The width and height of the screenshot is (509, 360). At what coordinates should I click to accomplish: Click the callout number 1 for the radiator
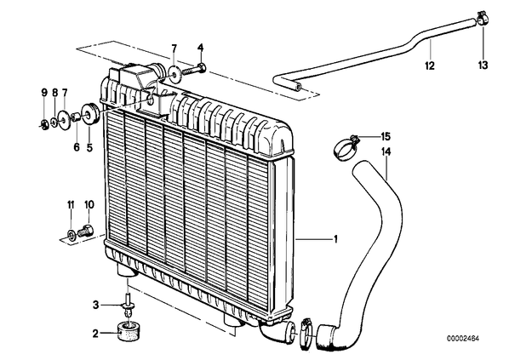[x=335, y=239]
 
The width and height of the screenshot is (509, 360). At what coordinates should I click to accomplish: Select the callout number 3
[x=95, y=305]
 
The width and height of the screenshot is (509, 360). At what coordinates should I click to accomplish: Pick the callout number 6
[x=77, y=147]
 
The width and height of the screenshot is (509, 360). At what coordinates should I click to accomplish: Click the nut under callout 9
[x=44, y=123]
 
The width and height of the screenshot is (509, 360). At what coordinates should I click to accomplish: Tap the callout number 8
[x=54, y=93]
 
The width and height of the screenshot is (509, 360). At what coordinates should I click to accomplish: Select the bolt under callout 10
[x=86, y=231]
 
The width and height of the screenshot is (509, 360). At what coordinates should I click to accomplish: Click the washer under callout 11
[x=71, y=234]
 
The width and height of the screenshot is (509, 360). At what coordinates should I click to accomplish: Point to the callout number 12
[x=430, y=66]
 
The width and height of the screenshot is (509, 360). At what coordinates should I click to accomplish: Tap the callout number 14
[x=386, y=151]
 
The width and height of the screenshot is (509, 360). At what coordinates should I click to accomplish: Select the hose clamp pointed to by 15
[x=345, y=148]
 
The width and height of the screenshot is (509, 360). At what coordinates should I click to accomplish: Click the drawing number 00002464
[x=464, y=339]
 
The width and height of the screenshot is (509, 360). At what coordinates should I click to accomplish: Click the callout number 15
[x=386, y=137]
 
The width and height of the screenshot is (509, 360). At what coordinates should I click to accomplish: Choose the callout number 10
[x=89, y=204]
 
